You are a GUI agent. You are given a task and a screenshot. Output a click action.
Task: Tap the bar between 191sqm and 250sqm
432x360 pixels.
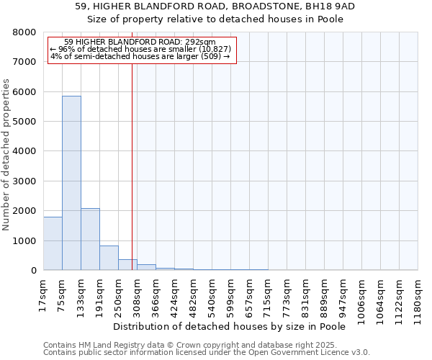coord(109,258)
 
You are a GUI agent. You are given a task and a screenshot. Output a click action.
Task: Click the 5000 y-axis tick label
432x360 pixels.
coord(23,122)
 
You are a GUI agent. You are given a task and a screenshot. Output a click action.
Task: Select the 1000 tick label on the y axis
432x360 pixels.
coord(23,240)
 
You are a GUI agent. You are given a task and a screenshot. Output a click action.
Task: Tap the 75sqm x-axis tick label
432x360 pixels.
coord(62,294)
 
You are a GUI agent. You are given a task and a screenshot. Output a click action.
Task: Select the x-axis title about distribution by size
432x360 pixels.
coord(230,327)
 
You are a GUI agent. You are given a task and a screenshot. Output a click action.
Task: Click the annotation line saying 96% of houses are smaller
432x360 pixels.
coord(140,49)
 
